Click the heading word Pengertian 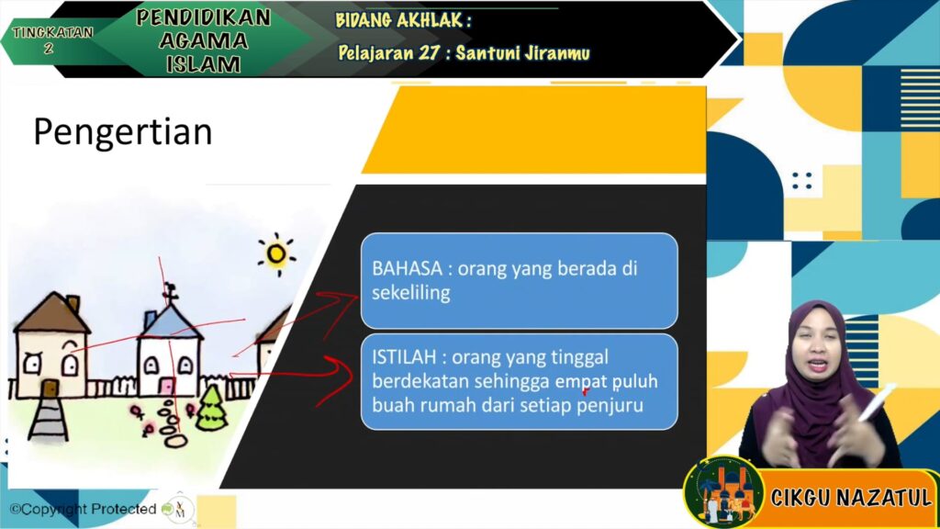(x=123, y=133)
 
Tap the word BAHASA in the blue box (x=407, y=268)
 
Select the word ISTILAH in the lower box (x=404, y=357)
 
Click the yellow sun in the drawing (x=276, y=254)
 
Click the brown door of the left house (x=50, y=388)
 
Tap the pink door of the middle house (x=167, y=386)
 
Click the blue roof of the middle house (x=170, y=322)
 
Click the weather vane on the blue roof (x=170, y=293)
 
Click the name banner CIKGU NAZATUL (x=851, y=497)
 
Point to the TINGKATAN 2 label (x=52, y=39)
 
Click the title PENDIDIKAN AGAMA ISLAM (x=203, y=40)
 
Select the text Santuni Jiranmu (x=522, y=53)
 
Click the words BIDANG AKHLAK (x=400, y=20)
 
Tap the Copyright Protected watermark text (x=84, y=509)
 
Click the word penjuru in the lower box (x=610, y=405)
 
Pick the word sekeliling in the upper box (x=410, y=293)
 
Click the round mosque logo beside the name (x=724, y=493)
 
